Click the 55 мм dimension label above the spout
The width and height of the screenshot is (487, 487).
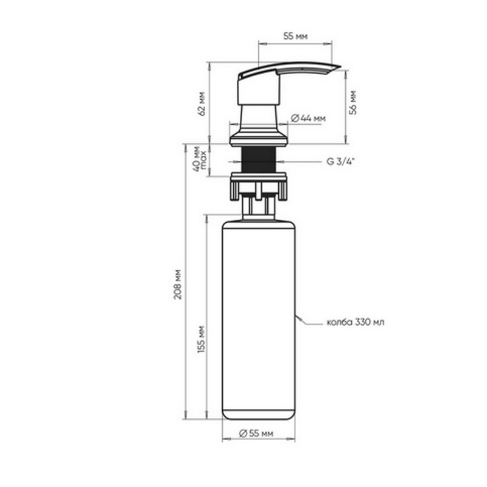click(295, 37)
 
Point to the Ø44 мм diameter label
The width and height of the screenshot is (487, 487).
click(309, 118)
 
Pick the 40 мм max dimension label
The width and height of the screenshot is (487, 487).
click(200, 160)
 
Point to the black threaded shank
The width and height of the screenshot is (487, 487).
click(258, 161)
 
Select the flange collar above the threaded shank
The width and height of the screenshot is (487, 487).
click(258, 141)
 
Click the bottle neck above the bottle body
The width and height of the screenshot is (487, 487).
click(258, 207)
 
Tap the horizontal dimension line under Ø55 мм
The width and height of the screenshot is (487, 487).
click(258, 440)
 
